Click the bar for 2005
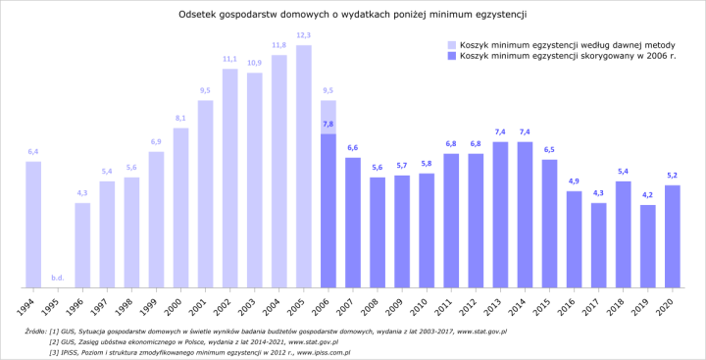pyautogui.click(x=303, y=167)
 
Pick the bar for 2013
pyautogui.click(x=500, y=215)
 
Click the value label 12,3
pyautogui.click(x=303, y=36)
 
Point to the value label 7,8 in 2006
pyautogui.click(x=328, y=125)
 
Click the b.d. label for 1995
pyautogui.click(x=58, y=278)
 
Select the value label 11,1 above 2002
pyautogui.click(x=229, y=60)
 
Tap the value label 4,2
pyautogui.click(x=647, y=195)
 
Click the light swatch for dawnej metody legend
pyautogui.click(x=452, y=44)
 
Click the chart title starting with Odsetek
pyautogui.click(x=353, y=15)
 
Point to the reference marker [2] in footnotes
pyautogui.click(x=54, y=341)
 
